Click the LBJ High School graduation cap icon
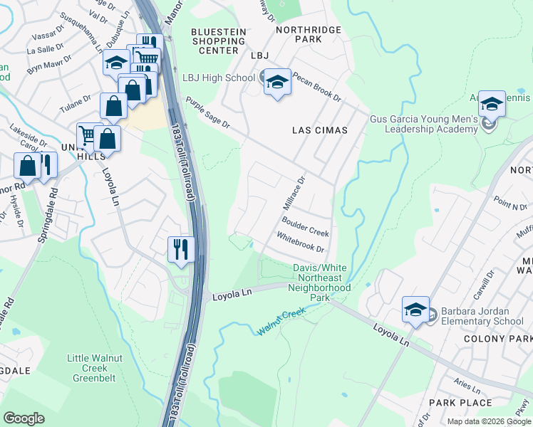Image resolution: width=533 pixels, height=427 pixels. (276, 82)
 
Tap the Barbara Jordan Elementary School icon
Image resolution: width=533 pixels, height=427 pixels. (415, 310)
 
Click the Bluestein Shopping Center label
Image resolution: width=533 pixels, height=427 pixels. (219, 41)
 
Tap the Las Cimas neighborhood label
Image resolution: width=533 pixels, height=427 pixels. (320, 130)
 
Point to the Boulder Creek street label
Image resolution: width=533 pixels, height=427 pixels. (305, 228)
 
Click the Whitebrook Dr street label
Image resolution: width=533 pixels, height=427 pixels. (300, 243)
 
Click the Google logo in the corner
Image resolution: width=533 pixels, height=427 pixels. (24, 418)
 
